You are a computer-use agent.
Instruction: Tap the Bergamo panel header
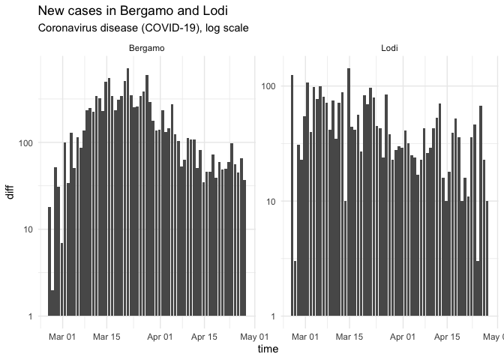tap(147, 49)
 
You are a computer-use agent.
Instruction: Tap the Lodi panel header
tap(389, 49)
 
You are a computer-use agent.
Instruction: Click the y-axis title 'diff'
tap(10, 191)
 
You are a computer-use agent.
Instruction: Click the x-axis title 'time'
tap(268, 349)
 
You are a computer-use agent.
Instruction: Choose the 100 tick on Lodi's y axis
tap(270, 86)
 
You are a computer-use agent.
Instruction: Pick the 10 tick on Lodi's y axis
tap(272, 201)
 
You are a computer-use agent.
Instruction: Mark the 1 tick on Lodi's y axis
tap(274, 316)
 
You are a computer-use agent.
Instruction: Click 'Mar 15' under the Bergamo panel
tap(106, 337)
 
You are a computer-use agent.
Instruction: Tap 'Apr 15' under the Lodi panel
tap(446, 337)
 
